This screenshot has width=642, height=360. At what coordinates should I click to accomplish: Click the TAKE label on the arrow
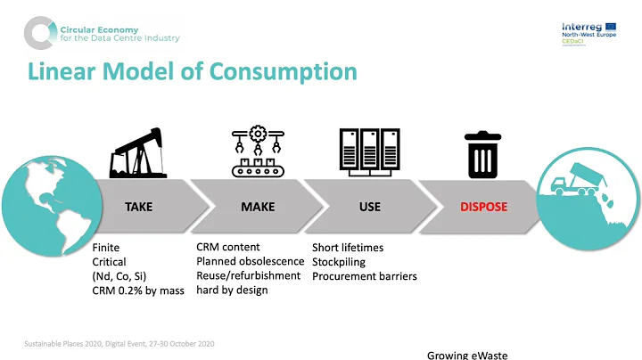pos(138,207)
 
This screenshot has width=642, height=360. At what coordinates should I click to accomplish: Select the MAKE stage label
pos(258,207)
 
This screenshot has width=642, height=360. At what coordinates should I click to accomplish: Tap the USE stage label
pos(369,207)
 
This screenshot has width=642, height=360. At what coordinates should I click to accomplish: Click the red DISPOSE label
pos(484,207)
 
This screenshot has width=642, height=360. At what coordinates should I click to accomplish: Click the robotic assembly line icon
pos(258,152)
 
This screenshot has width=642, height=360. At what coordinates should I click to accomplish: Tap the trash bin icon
pos(481,155)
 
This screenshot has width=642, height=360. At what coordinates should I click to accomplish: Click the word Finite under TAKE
pos(106,248)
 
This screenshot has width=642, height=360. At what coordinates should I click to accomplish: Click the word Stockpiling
pos(338,262)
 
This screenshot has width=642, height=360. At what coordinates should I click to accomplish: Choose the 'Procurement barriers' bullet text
pos(357,276)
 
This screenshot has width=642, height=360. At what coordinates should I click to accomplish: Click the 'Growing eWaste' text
pos(467,355)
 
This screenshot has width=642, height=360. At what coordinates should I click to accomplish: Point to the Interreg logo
pos(583,33)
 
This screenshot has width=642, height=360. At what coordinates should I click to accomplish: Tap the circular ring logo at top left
pos(39,33)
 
